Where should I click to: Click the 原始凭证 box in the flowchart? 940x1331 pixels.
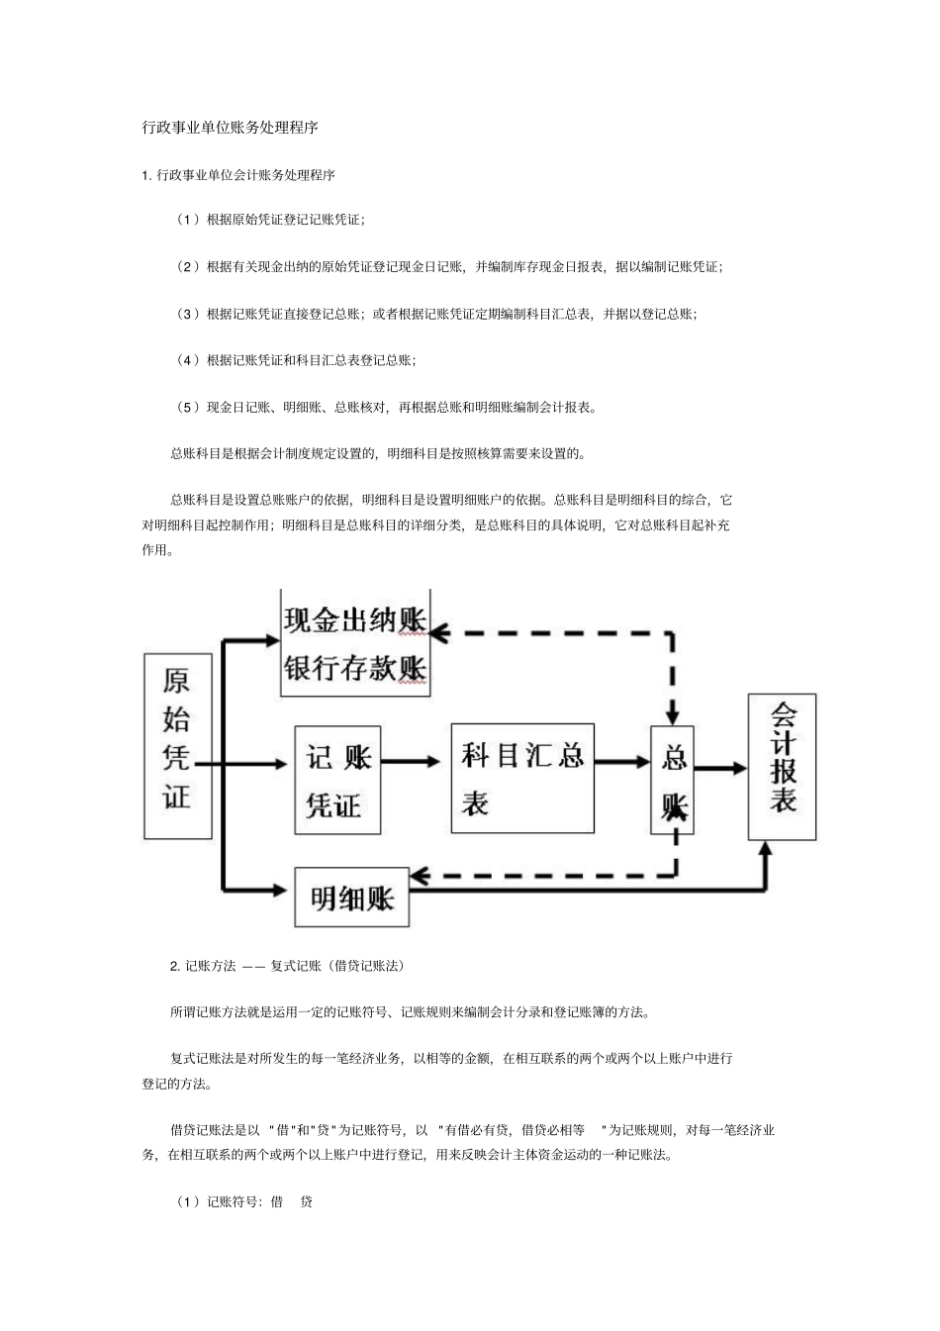pyautogui.click(x=178, y=746)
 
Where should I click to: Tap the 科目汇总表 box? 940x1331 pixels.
pyautogui.click(x=522, y=777)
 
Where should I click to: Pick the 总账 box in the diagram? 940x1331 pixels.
pyautogui.click(x=673, y=780)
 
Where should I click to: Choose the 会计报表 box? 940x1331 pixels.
pyautogui.click(x=783, y=767)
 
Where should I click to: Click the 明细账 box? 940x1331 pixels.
pyautogui.click(x=352, y=898)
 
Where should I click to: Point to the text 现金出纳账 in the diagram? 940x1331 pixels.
pyautogui.click(x=354, y=620)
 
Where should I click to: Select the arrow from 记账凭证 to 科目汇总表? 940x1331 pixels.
pyautogui.click(x=410, y=761)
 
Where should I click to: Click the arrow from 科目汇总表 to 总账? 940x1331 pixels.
pyautogui.click(x=622, y=762)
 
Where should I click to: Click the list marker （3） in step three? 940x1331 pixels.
pyautogui.click(x=188, y=314)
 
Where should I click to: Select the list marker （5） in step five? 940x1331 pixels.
pyautogui.click(x=188, y=407)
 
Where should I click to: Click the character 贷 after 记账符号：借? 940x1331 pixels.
pyautogui.click(x=306, y=1202)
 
